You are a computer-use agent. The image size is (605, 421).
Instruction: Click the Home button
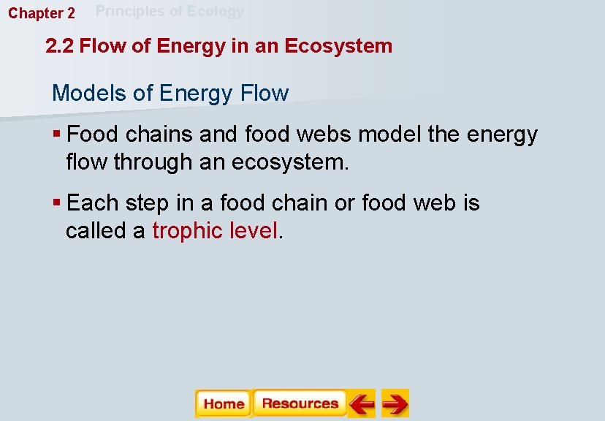223,403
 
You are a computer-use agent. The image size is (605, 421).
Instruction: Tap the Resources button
300,403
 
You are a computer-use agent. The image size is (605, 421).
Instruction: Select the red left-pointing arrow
361,403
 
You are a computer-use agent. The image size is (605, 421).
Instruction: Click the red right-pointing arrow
395,403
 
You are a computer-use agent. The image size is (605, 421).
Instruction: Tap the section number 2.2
60,46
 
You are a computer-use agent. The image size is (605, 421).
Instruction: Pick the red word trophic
187,231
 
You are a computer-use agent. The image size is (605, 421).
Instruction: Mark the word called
96,231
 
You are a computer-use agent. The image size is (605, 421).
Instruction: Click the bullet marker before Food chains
57,134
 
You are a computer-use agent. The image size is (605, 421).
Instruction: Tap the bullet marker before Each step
57,203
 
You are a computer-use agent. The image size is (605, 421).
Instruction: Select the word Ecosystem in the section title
338,47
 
